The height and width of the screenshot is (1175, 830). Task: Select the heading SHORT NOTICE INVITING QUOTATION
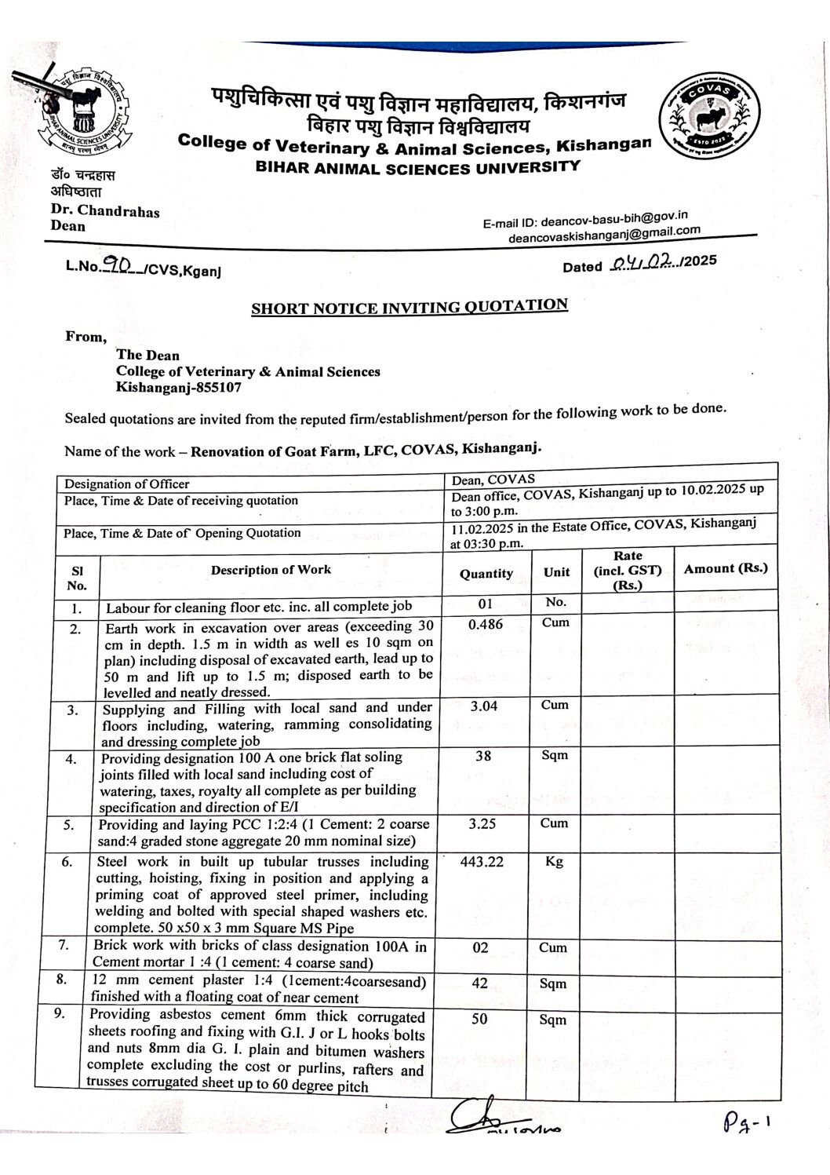tap(409, 306)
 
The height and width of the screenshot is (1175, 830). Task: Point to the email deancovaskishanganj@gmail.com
tap(603, 233)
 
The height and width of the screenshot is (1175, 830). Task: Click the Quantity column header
tap(486, 574)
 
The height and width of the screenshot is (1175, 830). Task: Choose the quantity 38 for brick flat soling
tap(484, 756)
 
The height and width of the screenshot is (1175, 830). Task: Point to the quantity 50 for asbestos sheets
tap(479, 1019)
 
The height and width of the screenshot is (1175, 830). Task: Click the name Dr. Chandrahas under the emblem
tap(104, 211)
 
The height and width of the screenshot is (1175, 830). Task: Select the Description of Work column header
tap(271, 570)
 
